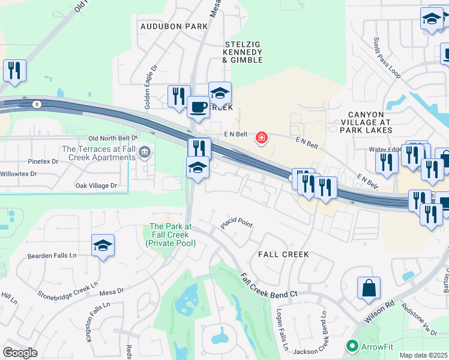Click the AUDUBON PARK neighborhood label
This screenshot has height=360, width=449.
click(173, 26)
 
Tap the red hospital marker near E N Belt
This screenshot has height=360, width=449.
click(261, 139)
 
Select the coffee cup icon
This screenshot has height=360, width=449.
click(197, 108)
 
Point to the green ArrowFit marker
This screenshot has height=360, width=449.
click(352, 346)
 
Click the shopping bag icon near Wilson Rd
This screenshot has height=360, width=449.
click(369, 288)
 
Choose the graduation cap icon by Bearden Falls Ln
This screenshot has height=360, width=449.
click(103, 245)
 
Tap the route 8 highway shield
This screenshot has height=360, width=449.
click(37, 104)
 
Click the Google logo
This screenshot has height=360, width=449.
click(20, 353)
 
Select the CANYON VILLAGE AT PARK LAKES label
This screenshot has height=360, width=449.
click(370, 122)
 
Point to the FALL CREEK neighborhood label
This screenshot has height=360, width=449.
click(283, 254)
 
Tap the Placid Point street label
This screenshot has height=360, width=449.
click(237, 223)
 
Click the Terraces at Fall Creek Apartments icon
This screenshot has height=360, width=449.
click(145, 153)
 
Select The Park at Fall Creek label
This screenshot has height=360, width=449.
click(170, 235)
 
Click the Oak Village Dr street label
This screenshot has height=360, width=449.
click(96, 186)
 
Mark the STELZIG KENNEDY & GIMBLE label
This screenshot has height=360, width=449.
click(243, 52)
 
